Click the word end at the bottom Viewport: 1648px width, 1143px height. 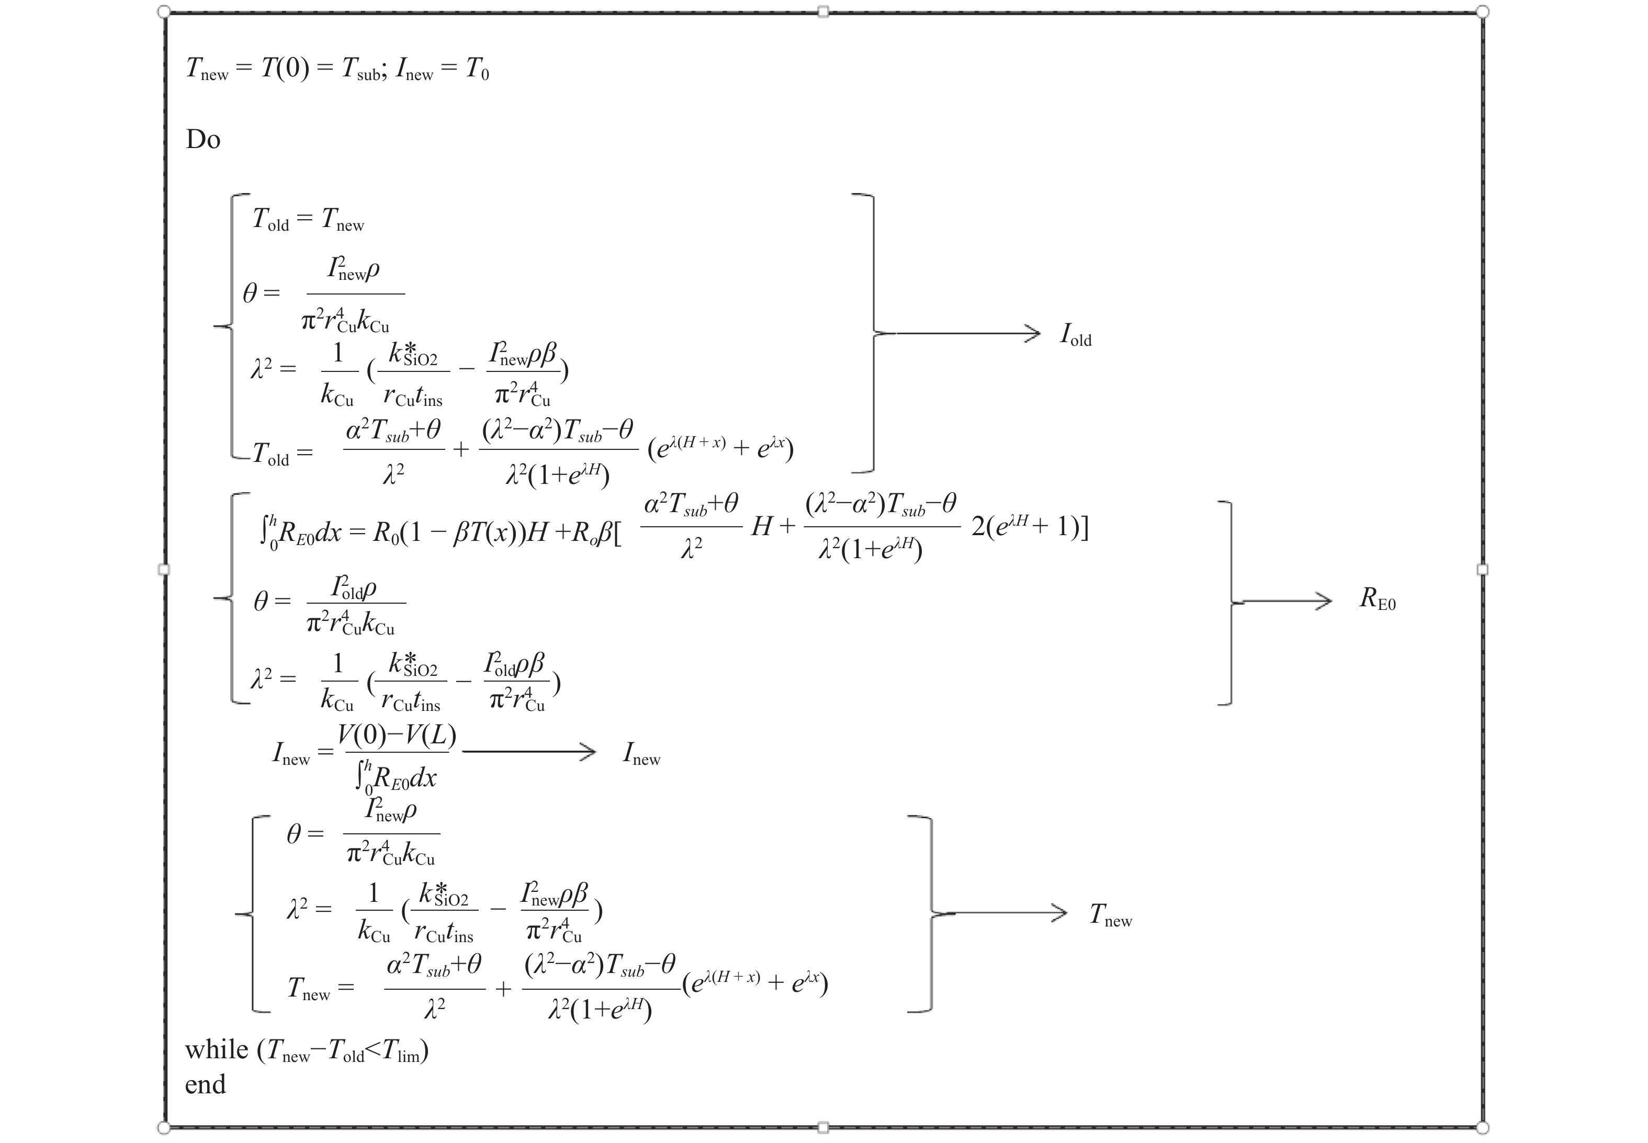coord(206,1084)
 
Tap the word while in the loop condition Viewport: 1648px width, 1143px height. coord(216,1050)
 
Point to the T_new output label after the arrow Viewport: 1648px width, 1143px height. coord(1110,915)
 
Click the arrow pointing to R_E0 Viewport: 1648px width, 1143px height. coord(1285,601)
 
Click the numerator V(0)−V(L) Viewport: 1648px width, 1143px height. coord(397,735)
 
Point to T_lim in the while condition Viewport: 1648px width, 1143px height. coord(402,1051)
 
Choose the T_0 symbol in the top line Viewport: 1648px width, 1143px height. coord(477,70)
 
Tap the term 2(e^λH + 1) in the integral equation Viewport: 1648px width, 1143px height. coord(1029,527)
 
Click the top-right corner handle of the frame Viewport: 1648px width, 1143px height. coord(1483,12)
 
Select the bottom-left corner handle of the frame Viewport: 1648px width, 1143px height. coord(163,1128)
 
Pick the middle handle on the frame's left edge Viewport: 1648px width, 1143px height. coord(163,569)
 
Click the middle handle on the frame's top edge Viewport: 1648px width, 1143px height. coord(823,12)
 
